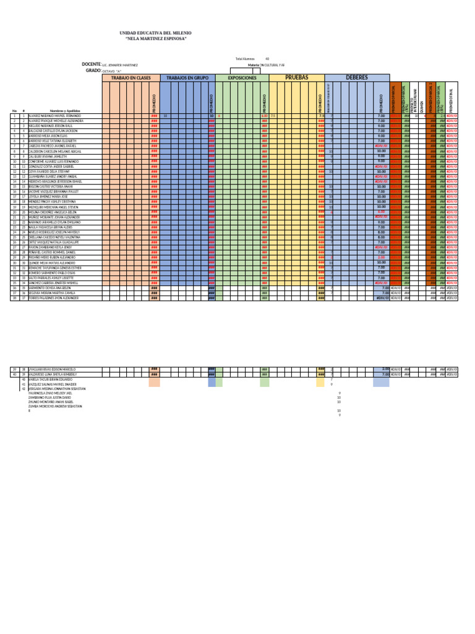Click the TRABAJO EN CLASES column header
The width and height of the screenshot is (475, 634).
pos(131,77)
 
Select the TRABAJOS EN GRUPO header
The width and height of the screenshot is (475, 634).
pos(185,77)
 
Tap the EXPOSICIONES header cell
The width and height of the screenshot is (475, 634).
pos(242,77)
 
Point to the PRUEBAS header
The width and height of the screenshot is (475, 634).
pos(297,77)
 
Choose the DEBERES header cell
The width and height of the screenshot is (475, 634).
pos(357,77)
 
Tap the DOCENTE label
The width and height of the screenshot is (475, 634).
pos(92,64)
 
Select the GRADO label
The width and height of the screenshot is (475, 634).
pos(93,71)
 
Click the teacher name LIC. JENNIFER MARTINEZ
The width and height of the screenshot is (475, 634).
pos(121,65)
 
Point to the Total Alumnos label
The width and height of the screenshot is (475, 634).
pos(245,59)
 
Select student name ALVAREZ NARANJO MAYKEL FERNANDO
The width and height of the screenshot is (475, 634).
pos(55,116)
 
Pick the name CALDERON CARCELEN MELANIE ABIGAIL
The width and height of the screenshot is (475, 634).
pos(56,151)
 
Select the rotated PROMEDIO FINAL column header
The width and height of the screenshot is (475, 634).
pos(451,100)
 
